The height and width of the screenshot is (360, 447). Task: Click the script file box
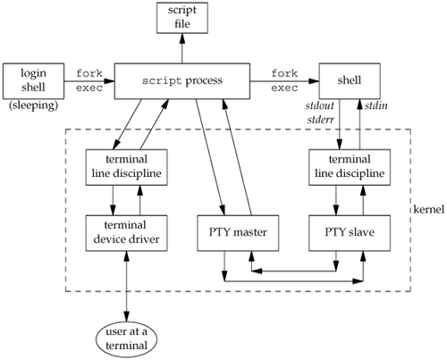(x=182, y=18)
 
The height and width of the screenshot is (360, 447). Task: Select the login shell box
(x=33, y=80)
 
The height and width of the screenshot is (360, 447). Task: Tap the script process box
(x=182, y=80)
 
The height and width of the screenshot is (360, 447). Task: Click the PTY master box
(x=238, y=233)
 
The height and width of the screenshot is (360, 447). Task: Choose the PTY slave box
(x=350, y=233)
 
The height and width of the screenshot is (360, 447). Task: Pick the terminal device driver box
(x=126, y=233)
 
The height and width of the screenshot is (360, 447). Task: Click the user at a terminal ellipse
(x=126, y=339)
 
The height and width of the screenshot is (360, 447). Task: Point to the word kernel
(x=428, y=209)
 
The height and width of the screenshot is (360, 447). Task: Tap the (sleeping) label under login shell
(x=33, y=105)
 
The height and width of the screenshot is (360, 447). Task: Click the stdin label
(x=376, y=105)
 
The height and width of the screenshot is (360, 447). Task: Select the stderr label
(x=321, y=120)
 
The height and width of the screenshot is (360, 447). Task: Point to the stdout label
(x=320, y=105)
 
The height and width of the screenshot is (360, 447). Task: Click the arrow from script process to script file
(x=182, y=48)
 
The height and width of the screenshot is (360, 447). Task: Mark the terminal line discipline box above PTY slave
(x=350, y=167)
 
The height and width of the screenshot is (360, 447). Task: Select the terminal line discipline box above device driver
(x=126, y=167)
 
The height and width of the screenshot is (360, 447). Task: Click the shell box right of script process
(x=350, y=80)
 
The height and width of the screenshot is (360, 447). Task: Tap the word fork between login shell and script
(x=89, y=73)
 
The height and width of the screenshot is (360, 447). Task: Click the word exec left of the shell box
(x=284, y=88)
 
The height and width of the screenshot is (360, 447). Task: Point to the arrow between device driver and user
(x=127, y=286)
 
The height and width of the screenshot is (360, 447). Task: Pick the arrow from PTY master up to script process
(x=238, y=157)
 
